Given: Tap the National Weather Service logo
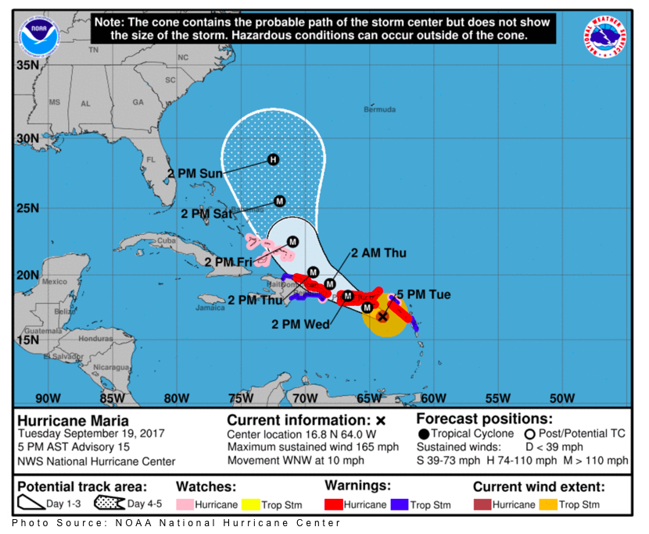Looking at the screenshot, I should [x=607, y=37].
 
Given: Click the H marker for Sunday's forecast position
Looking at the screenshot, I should [x=273, y=159].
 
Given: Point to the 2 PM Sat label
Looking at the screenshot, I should [x=206, y=213].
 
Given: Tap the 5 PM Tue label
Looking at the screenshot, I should [x=423, y=294].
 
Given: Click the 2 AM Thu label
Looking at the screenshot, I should [x=378, y=253].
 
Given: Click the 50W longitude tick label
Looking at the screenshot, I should [x=561, y=398].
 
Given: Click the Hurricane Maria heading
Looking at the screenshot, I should [x=67, y=419].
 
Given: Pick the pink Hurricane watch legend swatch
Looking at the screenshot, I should [x=185, y=504].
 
